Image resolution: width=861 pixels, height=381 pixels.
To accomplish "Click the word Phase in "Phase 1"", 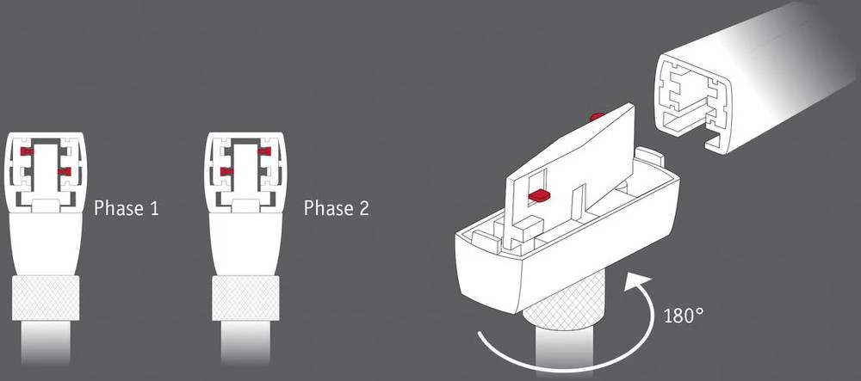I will (119, 208).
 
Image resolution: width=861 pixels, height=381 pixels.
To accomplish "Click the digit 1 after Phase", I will (153, 208).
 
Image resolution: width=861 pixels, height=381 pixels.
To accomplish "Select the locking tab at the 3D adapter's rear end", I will (650, 157).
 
